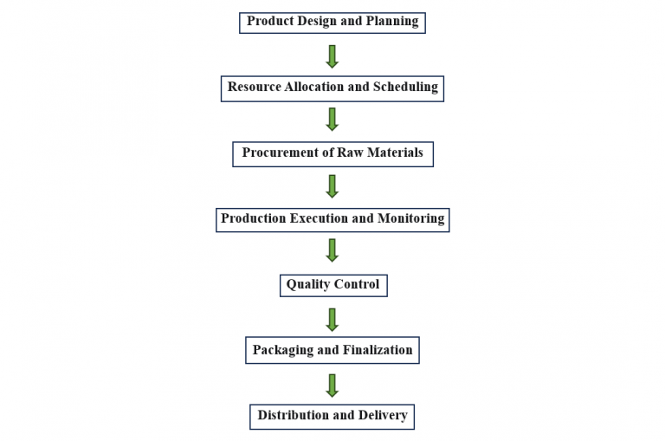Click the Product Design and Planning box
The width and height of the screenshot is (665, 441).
(332, 22)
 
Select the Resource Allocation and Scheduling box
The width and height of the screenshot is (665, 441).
(332, 88)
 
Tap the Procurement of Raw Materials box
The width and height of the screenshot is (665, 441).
(332, 153)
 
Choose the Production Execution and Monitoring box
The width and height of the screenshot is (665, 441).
(332, 219)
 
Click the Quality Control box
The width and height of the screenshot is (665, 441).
(332, 284)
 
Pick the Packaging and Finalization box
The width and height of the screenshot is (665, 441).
(332, 350)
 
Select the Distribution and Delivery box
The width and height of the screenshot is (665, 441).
(332, 416)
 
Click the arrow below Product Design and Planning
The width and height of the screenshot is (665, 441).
(332, 55)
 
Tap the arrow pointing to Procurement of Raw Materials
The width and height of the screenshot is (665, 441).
(332, 120)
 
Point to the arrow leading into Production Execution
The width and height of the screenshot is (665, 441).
(332, 185)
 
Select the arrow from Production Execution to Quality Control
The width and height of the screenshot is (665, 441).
(332, 251)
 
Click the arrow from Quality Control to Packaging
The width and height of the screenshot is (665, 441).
(332, 318)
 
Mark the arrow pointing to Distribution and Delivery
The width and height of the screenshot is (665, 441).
(332, 384)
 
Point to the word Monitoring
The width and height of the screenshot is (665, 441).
(410, 219)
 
